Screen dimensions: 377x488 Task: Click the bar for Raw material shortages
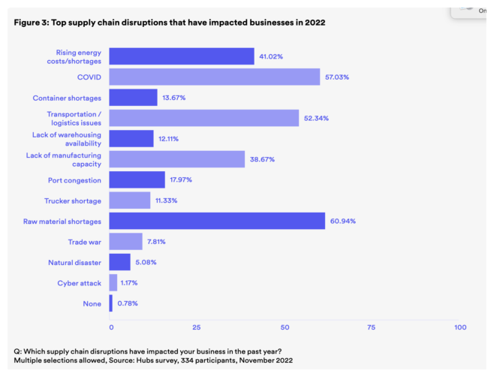(x=217, y=221)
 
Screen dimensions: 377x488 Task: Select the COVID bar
(x=214, y=77)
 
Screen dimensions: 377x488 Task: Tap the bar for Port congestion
(x=137, y=179)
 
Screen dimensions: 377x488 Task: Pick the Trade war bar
(x=125, y=241)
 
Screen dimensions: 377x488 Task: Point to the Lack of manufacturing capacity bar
(x=176, y=159)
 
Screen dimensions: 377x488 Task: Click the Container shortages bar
(x=133, y=98)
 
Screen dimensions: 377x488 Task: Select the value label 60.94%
(x=343, y=221)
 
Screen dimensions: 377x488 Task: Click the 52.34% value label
(x=316, y=118)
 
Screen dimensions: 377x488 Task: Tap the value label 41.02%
(x=272, y=56)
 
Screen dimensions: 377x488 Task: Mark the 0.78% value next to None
(x=127, y=303)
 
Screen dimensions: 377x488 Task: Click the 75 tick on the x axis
(x=371, y=327)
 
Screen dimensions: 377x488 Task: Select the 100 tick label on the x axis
(x=460, y=327)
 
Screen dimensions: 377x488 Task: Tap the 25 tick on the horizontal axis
(x=196, y=327)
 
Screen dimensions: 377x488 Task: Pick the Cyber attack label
(x=80, y=282)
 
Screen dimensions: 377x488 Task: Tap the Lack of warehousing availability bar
(x=131, y=138)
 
